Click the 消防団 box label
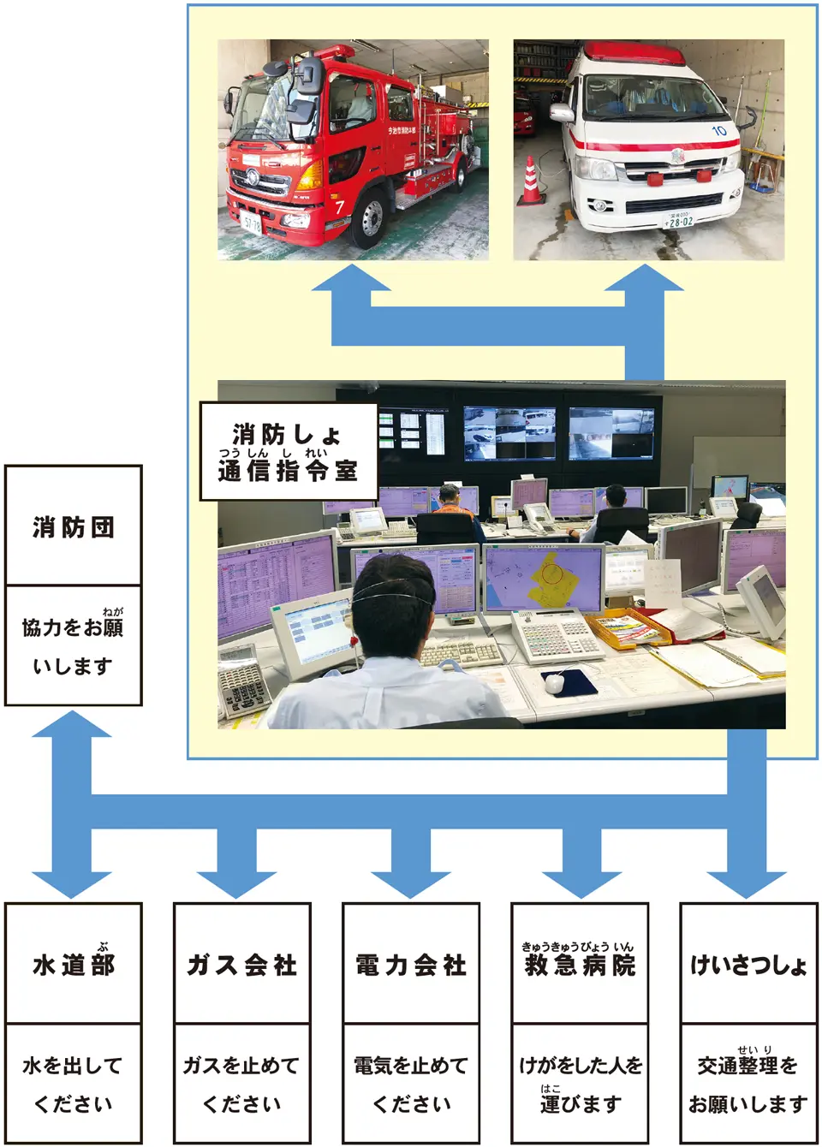pos(73,527)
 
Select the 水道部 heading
pos(73,965)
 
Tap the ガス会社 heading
pos(241,965)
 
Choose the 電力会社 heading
pos(411,965)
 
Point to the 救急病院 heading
pos(580,965)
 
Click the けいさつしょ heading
pos(748,966)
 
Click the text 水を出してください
pos(73,1085)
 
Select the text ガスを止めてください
pos(241,1085)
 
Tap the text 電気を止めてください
pos(411,1085)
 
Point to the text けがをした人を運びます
pos(580,1085)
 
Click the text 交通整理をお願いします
pos(748,1085)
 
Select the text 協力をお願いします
pos(73,646)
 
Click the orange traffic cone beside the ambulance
pos(531,181)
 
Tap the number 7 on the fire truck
pos(339,206)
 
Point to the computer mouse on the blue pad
pos(555,682)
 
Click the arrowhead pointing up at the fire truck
pos(351,279)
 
